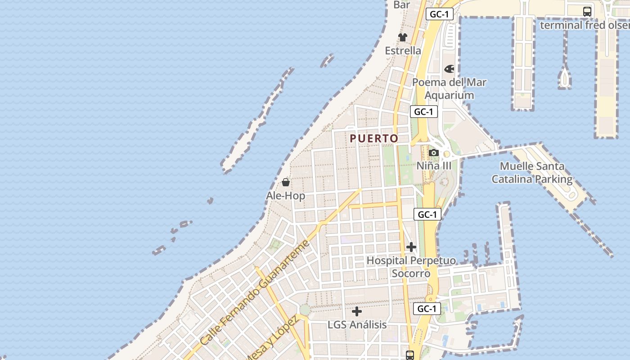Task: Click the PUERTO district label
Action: click(374, 139)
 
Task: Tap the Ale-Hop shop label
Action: click(285, 196)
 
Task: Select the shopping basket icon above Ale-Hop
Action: click(285, 182)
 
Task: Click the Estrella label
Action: click(403, 50)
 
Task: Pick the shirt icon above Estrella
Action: click(402, 37)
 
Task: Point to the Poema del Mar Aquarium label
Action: click(449, 89)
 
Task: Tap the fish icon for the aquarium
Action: click(449, 69)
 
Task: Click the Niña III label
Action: click(433, 166)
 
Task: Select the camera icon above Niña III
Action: click(433, 153)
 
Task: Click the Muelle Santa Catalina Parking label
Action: click(532, 173)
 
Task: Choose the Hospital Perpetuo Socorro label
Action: click(411, 267)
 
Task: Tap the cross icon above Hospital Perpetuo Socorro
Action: click(411, 247)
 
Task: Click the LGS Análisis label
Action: click(357, 324)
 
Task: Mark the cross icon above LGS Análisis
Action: click(357, 311)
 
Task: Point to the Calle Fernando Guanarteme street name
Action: click(255, 293)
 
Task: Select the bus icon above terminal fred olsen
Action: click(587, 12)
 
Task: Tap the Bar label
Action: click(401, 5)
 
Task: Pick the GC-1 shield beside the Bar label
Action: click(439, 14)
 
